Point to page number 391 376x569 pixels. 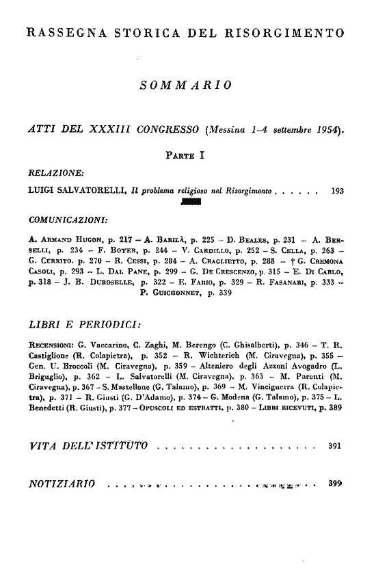(334, 448)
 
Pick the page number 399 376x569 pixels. (334, 484)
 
